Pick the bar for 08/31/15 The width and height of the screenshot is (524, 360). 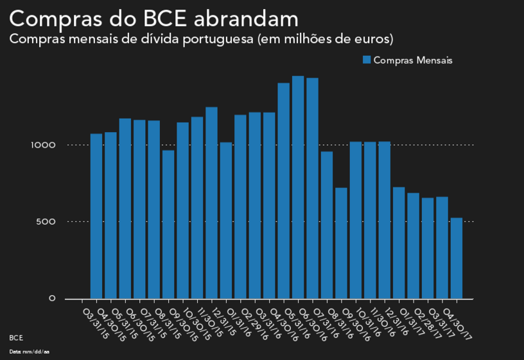[168, 225]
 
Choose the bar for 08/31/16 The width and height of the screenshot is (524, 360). [341, 243]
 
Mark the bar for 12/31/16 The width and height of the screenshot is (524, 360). [399, 243]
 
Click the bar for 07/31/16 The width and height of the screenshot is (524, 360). [327, 225]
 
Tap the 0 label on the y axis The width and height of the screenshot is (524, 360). [52, 299]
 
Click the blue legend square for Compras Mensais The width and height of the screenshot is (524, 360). [367, 60]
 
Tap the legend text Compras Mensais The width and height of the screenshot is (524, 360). [413, 60]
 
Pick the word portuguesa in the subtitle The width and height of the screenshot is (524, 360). [215, 39]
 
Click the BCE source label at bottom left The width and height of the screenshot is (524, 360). [16, 337]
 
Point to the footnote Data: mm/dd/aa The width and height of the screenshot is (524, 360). [30, 352]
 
